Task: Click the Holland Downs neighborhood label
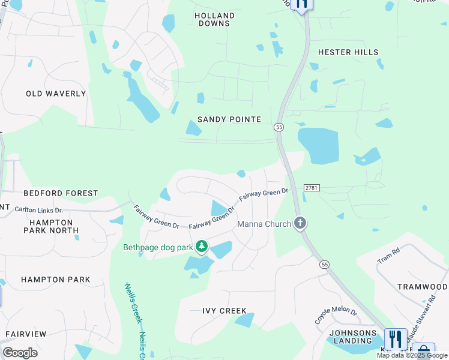click(214, 19)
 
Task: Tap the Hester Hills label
click(348, 52)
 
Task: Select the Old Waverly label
click(56, 94)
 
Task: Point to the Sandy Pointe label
click(229, 119)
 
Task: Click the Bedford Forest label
click(61, 193)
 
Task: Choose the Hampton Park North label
click(50, 226)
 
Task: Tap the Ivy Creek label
click(224, 311)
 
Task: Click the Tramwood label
click(423, 287)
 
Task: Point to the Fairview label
click(25, 334)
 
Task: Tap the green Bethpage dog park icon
click(202, 247)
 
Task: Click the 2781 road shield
click(312, 188)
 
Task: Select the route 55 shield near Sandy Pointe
click(279, 127)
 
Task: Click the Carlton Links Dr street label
click(38, 210)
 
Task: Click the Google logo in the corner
click(20, 353)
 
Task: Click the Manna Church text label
click(264, 224)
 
